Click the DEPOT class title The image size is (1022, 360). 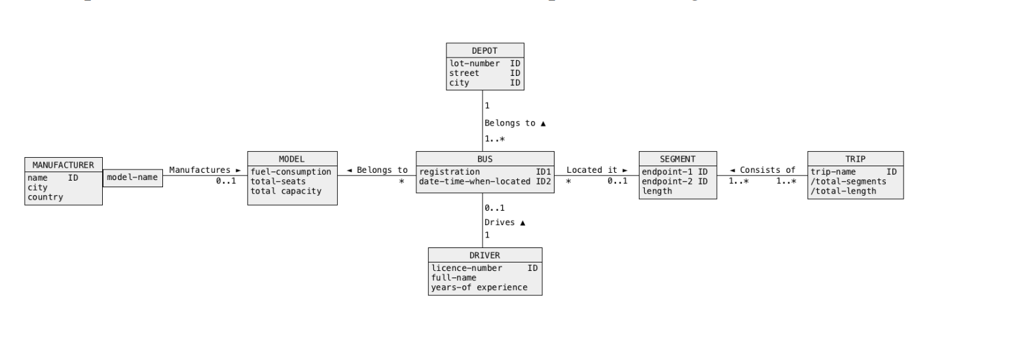tap(484, 50)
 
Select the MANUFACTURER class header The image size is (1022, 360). tap(63, 164)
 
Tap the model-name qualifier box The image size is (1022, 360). tap(132, 177)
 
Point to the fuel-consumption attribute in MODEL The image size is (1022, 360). tap(291, 171)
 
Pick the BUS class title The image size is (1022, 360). tap(484, 158)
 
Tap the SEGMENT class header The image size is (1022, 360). tap(677, 158)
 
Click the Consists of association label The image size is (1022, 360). tap(762, 170)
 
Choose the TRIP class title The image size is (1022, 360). tap(854, 158)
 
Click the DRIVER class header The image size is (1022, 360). tap(484, 255)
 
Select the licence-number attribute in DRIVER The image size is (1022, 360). tap(467, 268)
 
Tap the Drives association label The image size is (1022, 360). tap(505, 223)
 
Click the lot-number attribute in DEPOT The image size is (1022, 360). tap(475, 63)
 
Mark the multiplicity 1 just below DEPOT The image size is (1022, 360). tap(487, 105)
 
